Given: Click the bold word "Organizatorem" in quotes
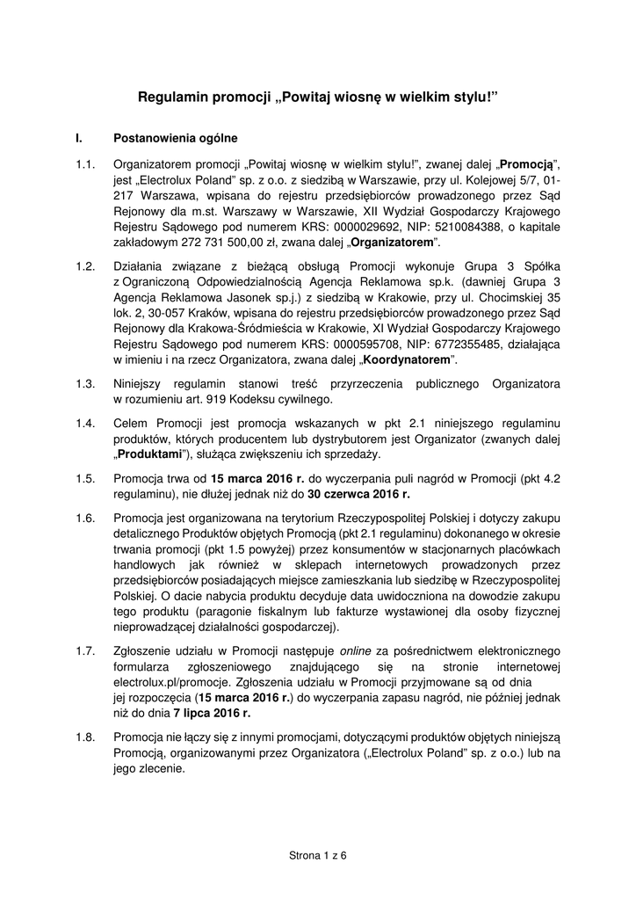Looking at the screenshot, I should [396, 242].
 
